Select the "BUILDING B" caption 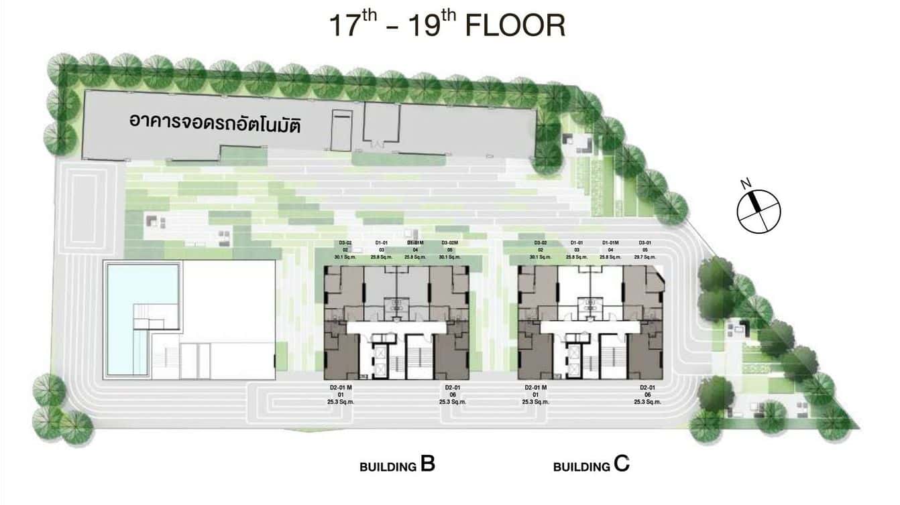click(x=397, y=465)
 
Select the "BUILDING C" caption click(x=591, y=465)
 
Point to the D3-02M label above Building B click(x=449, y=242)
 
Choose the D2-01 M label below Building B click(x=341, y=388)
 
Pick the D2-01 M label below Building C click(x=535, y=388)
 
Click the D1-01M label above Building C click(x=610, y=242)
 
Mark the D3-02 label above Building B click(x=343, y=242)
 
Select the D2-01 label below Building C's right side click(x=647, y=388)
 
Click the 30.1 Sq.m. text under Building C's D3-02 click(x=540, y=257)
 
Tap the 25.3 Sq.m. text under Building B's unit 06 click(x=452, y=402)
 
